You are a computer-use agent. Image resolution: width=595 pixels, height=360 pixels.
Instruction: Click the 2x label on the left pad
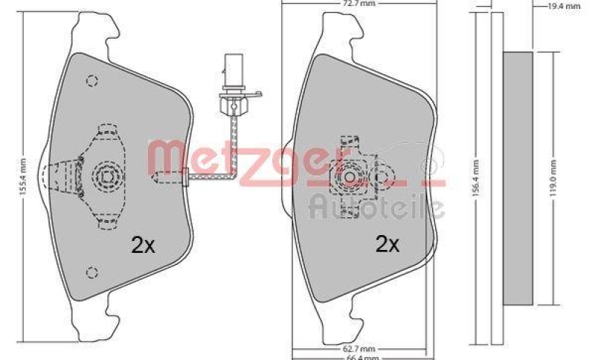click(143, 245)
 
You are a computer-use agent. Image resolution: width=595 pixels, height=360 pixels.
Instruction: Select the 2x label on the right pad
click(388, 244)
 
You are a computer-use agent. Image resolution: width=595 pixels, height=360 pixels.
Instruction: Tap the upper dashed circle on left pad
click(92, 80)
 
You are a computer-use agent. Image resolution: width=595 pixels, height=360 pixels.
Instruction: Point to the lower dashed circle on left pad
click(91, 272)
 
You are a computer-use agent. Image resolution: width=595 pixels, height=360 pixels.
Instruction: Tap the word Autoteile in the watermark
click(376, 205)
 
